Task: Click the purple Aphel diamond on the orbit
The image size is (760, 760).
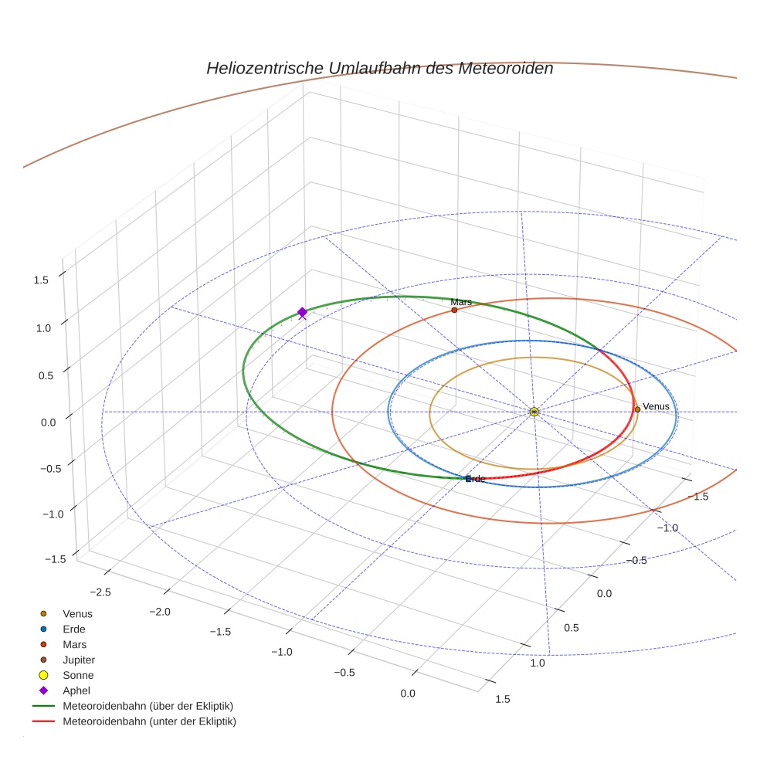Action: (302, 311)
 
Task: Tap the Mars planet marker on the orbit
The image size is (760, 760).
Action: (454, 310)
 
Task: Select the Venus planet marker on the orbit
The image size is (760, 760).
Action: (637, 409)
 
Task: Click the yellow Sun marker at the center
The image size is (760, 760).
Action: (534, 412)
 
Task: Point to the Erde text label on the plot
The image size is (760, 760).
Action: (476, 479)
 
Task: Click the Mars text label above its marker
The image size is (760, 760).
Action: (461, 302)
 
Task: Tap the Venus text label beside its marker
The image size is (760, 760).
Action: (656, 406)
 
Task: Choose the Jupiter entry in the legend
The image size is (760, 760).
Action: (79, 660)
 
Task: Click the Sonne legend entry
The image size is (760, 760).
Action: (78, 675)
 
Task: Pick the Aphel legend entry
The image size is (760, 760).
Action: (76, 690)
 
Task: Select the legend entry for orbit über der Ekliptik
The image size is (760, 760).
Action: (148, 706)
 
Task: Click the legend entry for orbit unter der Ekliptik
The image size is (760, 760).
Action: (149, 721)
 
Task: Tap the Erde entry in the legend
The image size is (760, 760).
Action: (74, 629)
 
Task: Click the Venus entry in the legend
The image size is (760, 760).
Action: (77, 613)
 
